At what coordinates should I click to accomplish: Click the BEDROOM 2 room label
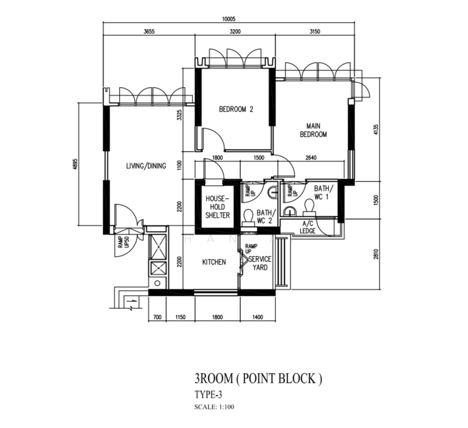tap(236, 109)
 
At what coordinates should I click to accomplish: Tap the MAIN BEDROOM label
tap(313, 131)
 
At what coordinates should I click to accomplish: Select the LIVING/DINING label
tap(146, 166)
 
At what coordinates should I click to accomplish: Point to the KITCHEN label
tap(214, 263)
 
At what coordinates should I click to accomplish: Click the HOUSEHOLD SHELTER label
tap(218, 207)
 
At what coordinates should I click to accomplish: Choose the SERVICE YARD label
tap(260, 263)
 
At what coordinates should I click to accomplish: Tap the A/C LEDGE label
tap(307, 228)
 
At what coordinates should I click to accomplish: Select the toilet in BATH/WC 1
tap(309, 207)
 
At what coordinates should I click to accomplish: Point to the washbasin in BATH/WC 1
tap(289, 210)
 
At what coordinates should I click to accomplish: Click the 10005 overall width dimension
tap(229, 19)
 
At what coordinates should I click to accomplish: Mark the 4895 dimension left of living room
tap(75, 164)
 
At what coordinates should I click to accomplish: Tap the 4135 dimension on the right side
tap(376, 130)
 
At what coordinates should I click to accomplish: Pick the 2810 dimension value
tap(376, 254)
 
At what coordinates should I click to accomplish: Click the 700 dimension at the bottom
tap(157, 317)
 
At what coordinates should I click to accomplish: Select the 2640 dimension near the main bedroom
tap(312, 158)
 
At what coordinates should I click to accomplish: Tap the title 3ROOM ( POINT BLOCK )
tap(258, 379)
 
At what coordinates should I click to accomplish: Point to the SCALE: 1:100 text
tap(214, 407)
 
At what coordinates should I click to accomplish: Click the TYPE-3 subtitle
tap(209, 395)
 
